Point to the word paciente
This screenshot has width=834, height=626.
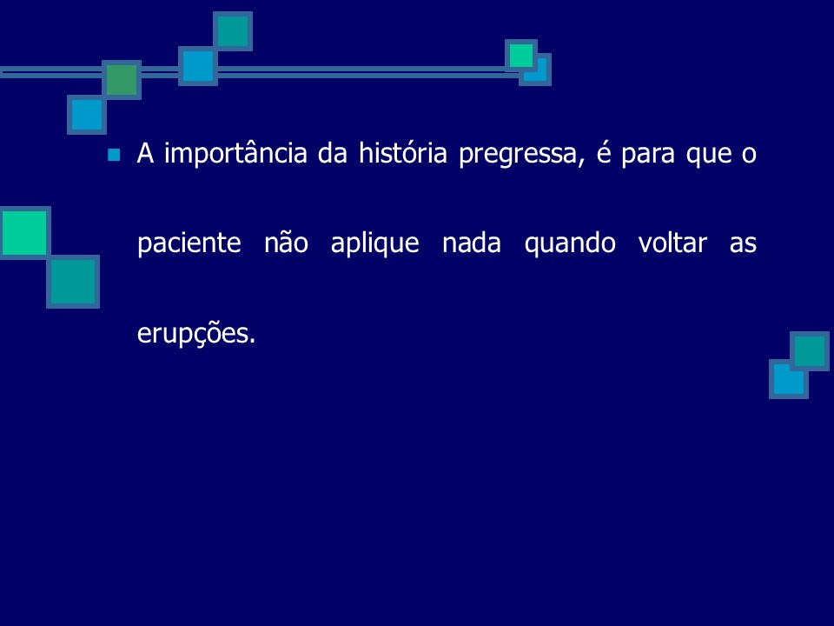point(189,243)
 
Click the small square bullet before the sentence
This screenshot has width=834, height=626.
point(112,156)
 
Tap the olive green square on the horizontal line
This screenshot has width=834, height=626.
point(122,80)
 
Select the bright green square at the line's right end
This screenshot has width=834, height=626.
point(521,56)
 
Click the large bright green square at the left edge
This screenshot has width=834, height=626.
point(24,232)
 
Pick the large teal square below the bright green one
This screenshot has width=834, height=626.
point(72,282)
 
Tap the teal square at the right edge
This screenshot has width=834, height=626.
point(810,350)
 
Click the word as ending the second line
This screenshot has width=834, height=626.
point(742,243)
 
